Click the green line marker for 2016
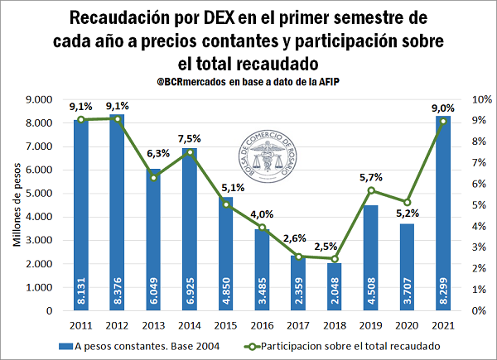(262, 227)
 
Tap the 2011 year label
(80, 324)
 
